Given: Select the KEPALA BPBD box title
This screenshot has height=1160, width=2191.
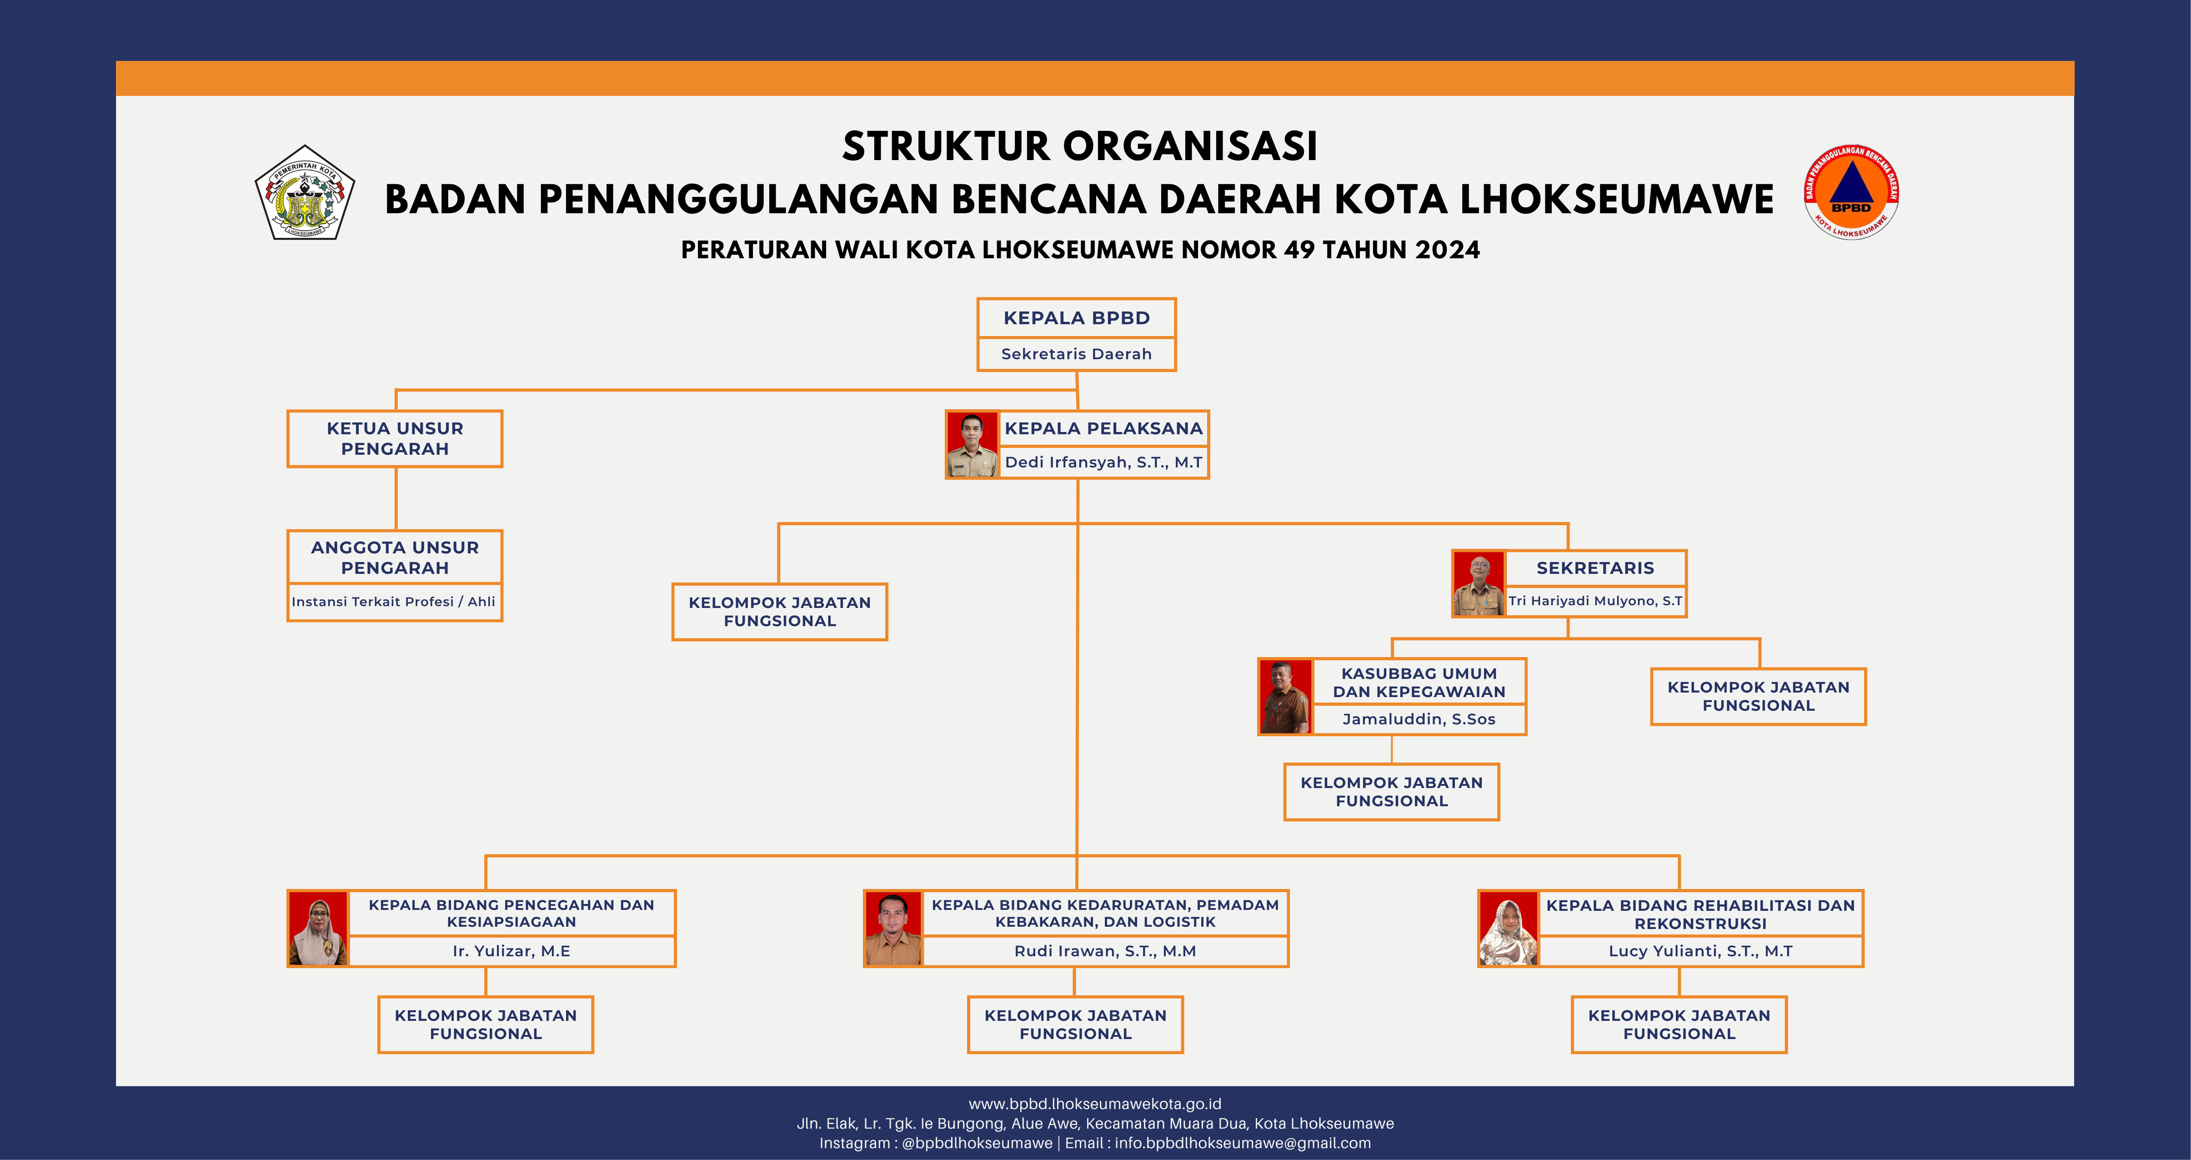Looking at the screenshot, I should click(x=1076, y=318).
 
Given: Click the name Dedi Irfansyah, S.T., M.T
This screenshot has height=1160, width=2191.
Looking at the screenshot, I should click(x=1103, y=462).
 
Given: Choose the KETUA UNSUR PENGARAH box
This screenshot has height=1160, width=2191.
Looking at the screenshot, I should click(x=395, y=439).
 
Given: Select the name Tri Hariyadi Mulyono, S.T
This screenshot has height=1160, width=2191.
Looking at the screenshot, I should click(x=1595, y=600).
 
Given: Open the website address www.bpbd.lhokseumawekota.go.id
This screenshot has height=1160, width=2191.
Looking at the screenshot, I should click(x=1095, y=1104).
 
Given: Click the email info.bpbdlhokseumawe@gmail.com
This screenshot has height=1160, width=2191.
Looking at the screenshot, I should click(x=1243, y=1143).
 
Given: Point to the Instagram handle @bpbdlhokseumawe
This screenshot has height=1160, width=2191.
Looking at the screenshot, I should click(x=977, y=1143).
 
